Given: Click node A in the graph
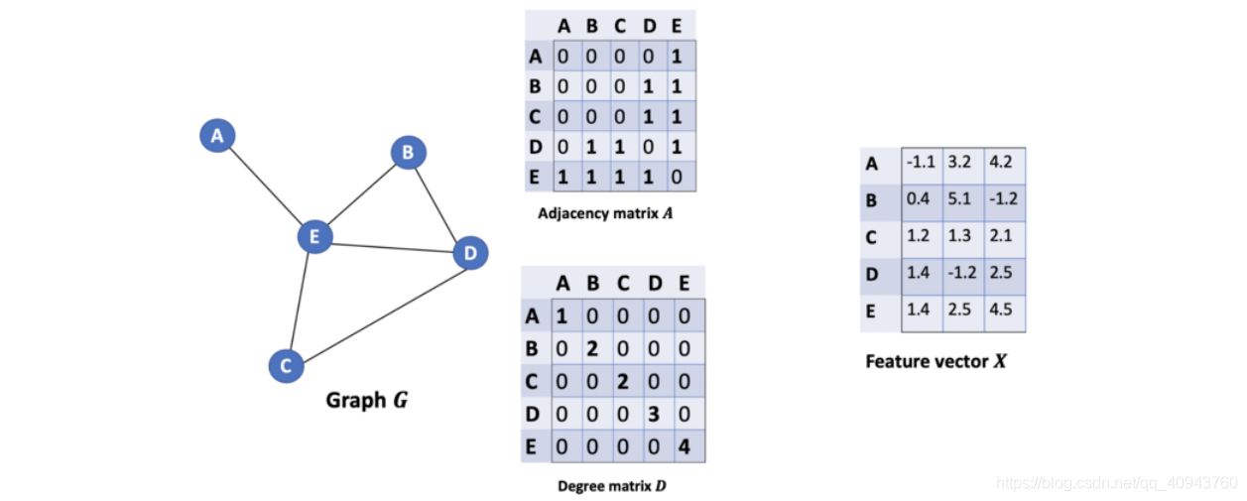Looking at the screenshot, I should [216, 135].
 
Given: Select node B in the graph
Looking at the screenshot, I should [407, 153].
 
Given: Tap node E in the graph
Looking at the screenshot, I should [314, 236].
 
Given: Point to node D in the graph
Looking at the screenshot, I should [470, 254].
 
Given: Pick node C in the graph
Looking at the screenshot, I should [286, 366].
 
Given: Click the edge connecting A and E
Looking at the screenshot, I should [266, 186].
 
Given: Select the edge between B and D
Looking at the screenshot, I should [437, 202].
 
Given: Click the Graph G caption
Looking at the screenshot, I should [367, 401].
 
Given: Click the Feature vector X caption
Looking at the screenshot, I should [935, 361].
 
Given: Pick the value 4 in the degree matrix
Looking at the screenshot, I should [684, 446].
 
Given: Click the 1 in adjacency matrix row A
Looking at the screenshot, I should [677, 57].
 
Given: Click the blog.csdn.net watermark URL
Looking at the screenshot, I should [1116, 483].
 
